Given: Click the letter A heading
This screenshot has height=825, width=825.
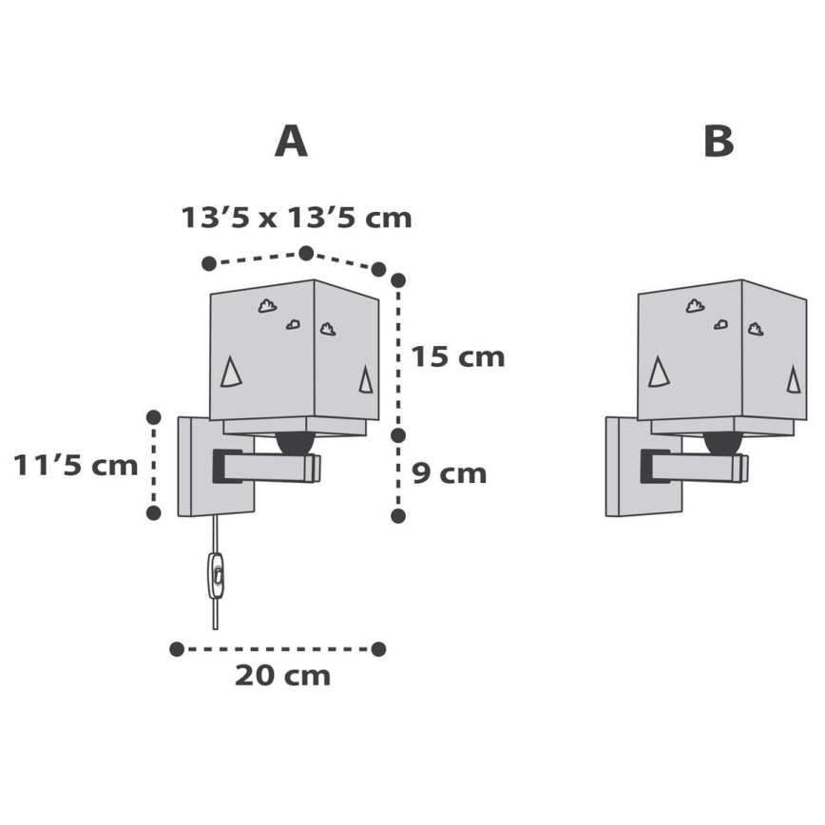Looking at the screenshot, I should tap(291, 142).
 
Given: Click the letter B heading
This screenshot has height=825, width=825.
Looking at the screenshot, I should tap(719, 142).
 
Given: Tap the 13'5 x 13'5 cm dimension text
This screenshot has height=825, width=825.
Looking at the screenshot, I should tap(297, 218).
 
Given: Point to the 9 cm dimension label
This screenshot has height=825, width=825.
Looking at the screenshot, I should tap(450, 472).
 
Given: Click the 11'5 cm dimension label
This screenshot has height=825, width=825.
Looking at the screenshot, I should tap(75, 466).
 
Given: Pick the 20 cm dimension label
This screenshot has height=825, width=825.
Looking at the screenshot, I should tap(282, 676).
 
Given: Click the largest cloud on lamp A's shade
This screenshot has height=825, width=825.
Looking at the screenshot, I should tap(268, 306).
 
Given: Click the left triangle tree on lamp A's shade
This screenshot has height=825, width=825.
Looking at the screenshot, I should tap(230, 373).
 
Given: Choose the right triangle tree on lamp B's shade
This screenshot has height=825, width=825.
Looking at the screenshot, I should tap(792, 380).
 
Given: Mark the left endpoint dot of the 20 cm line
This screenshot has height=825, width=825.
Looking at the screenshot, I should tap(176, 648).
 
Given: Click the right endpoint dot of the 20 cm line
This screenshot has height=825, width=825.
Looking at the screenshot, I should tap(379, 648).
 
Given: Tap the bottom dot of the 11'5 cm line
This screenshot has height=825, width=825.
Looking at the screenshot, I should tap(153, 512).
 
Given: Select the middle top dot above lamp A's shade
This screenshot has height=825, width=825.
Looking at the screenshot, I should tap(306, 252).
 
